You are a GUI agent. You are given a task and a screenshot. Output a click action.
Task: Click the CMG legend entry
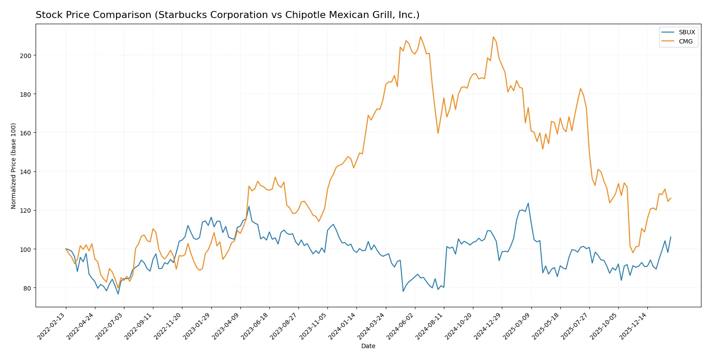click(x=685, y=41)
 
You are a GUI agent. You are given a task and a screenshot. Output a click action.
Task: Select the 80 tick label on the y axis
click(x=27, y=288)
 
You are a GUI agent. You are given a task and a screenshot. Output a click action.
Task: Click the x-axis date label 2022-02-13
click(x=52, y=326)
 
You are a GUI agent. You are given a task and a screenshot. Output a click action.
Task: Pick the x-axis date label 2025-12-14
click(x=633, y=326)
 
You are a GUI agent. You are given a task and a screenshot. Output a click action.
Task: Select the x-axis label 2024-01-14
click(x=342, y=326)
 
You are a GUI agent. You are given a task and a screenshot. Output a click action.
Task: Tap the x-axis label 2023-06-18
click(x=255, y=326)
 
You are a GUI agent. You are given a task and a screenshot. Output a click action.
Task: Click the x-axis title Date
click(x=368, y=346)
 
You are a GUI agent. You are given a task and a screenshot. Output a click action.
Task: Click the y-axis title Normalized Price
click(x=13, y=166)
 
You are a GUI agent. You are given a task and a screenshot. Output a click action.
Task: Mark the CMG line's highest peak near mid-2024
click(x=421, y=36)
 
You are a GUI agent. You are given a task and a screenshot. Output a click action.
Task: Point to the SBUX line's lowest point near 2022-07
click(x=118, y=294)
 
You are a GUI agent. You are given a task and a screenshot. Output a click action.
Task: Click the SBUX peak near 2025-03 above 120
click(x=528, y=203)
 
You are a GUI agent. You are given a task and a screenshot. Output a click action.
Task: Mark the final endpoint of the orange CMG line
click(x=671, y=198)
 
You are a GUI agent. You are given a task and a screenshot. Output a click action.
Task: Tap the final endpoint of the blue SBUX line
click(x=671, y=237)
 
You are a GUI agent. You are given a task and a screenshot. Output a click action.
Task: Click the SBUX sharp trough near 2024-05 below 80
click(x=403, y=291)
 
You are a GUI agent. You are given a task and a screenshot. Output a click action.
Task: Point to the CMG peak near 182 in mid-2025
click(x=580, y=88)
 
